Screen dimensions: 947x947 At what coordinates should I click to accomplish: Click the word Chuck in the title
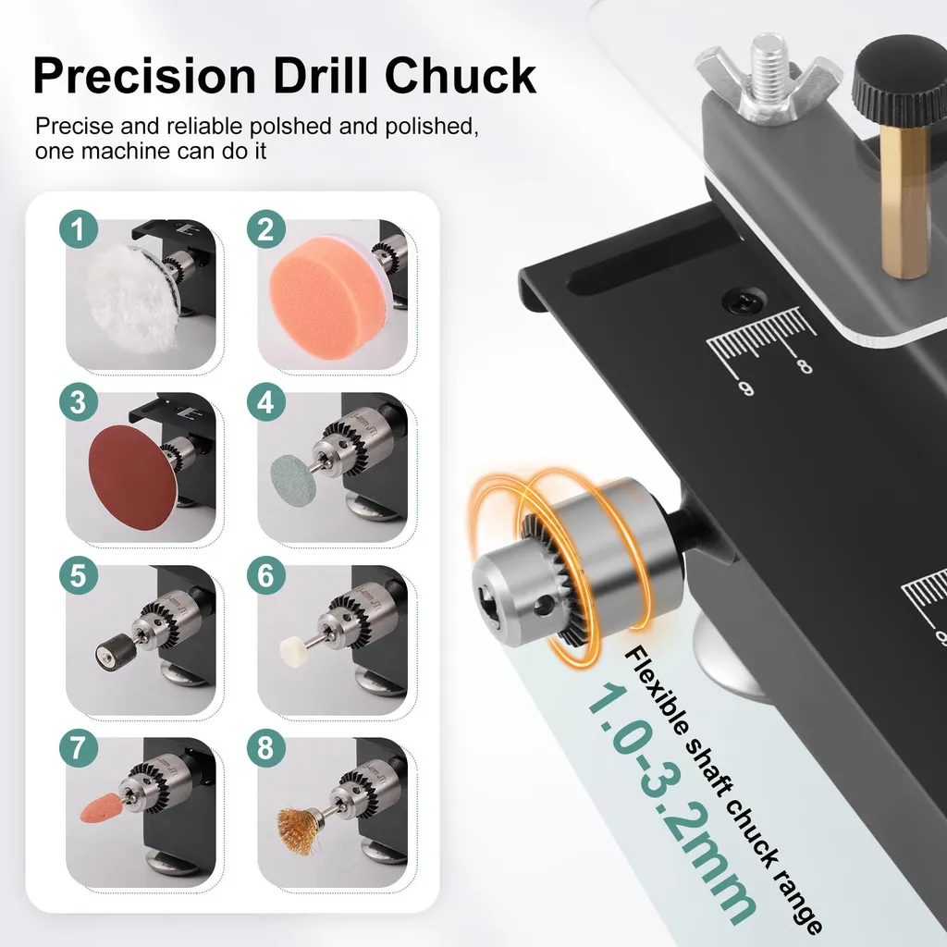(461, 76)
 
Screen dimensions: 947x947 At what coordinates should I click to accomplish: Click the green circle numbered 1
(79, 229)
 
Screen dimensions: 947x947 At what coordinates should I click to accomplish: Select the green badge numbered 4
(265, 401)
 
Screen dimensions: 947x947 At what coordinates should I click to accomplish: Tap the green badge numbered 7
(79, 747)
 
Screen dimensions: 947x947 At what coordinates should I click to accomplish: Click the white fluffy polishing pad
(131, 298)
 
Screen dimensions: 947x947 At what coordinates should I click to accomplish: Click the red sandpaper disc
(133, 477)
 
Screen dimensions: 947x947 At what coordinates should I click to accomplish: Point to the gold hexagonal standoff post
(901, 203)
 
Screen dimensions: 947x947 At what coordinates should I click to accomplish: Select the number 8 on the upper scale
(804, 366)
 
